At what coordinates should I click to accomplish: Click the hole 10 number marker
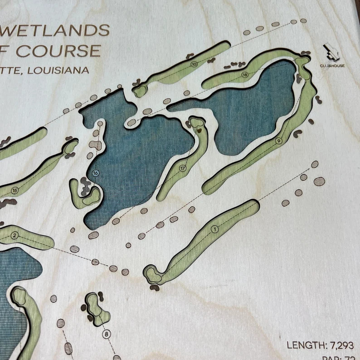click(x=194, y=64)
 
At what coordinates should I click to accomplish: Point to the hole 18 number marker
click(x=245, y=75)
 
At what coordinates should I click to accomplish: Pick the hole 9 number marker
click(x=278, y=141)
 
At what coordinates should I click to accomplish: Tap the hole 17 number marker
click(x=183, y=168)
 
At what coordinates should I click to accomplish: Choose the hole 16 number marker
click(x=95, y=173)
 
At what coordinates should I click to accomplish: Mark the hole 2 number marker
click(x=15, y=235)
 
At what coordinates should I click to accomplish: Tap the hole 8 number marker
click(x=107, y=335)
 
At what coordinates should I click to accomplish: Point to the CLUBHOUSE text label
click(x=331, y=66)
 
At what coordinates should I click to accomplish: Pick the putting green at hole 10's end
click(x=140, y=91)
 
